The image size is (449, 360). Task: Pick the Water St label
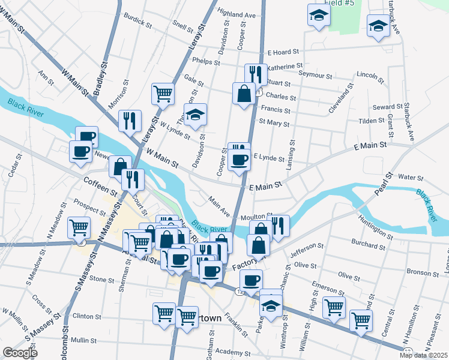(411, 178)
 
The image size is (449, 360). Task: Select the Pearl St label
(382, 185)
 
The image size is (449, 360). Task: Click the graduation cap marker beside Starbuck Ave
(378, 26)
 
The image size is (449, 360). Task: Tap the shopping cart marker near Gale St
(163, 94)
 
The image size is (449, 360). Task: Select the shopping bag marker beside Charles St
(244, 94)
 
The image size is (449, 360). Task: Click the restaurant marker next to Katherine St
(256, 74)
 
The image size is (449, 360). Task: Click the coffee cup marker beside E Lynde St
(240, 160)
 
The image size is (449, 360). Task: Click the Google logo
(20, 353)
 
